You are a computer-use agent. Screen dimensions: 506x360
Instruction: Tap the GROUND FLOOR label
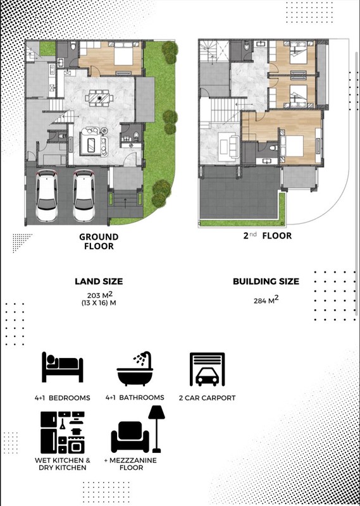click(98, 241)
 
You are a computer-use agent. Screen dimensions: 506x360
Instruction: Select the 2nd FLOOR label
click(267, 236)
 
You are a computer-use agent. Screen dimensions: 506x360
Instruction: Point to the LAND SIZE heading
click(99, 281)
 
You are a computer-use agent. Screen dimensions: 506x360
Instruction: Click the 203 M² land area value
click(99, 295)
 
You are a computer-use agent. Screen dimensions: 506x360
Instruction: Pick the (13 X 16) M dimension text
click(99, 303)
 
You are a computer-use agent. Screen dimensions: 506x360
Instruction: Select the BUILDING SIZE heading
click(266, 281)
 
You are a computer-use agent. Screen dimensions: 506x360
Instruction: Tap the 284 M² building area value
click(266, 300)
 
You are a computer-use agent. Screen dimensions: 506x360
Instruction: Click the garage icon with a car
click(208, 369)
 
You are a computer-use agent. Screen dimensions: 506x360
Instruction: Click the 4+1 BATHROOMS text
click(135, 398)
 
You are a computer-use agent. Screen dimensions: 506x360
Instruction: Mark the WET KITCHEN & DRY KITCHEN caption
click(62, 464)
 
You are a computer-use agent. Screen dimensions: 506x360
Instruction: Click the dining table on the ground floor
click(98, 98)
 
